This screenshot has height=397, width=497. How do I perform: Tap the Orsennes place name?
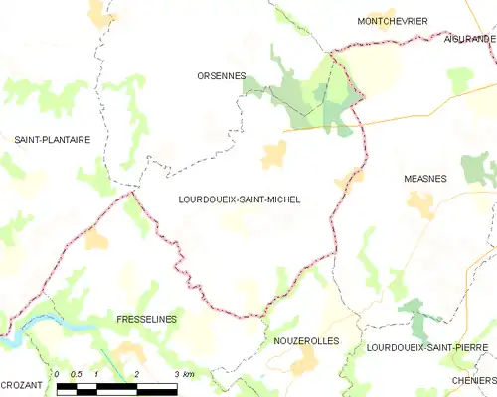[221, 75]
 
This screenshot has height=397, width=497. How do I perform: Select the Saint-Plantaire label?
[52, 140]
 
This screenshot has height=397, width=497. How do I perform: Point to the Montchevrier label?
[392, 20]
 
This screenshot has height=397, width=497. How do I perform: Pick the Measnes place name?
[425, 179]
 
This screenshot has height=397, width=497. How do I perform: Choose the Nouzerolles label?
[306, 340]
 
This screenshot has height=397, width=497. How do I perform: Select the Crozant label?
[21, 384]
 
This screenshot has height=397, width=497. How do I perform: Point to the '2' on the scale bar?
[135, 374]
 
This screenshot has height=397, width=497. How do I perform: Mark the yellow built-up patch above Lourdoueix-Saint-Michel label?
[273, 154]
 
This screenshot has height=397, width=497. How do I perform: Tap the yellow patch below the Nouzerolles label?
[304, 360]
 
